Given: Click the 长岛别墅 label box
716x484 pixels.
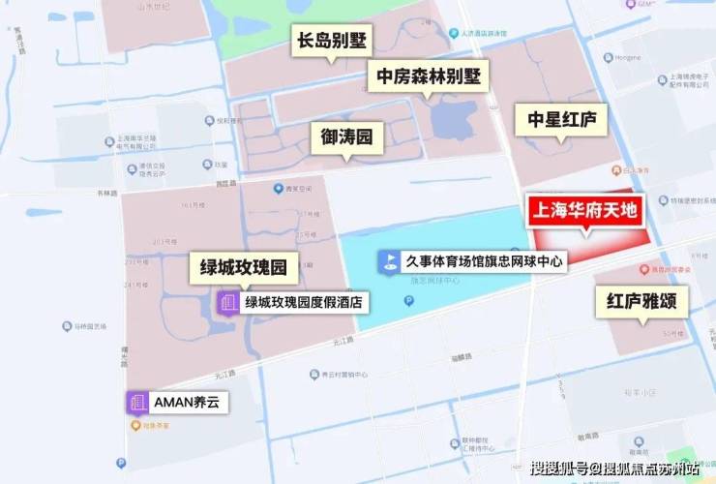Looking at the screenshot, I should (x=332, y=42).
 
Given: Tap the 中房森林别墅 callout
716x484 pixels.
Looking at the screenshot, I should (x=429, y=76).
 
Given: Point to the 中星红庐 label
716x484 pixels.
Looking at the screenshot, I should (x=561, y=119).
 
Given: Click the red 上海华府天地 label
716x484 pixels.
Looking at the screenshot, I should (x=586, y=209).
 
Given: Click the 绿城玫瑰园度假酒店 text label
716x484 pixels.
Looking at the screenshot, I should (x=305, y=303).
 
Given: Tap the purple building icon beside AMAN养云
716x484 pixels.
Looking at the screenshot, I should (x=136, y=402).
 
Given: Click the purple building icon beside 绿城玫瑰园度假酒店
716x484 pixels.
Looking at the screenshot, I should (x=228, y=303).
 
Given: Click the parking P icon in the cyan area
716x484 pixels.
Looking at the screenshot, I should (x=409, y=301).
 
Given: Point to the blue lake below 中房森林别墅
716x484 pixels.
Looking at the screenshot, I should (x=447, y=119).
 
